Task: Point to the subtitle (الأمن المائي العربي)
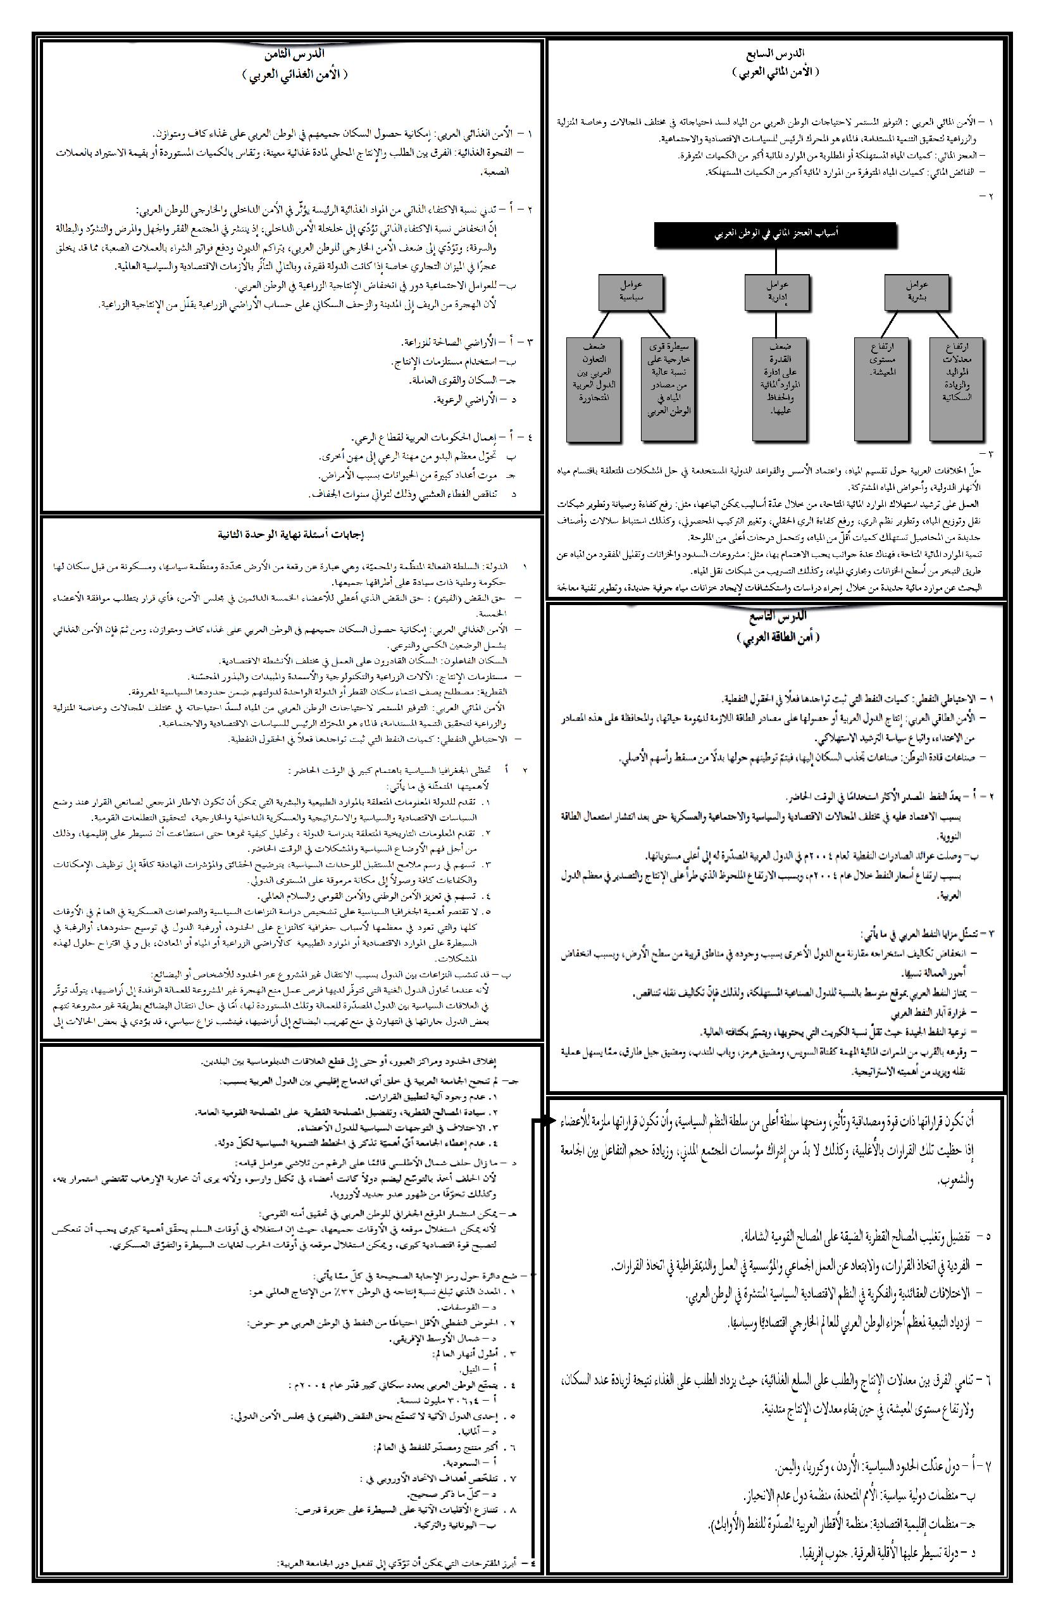[x=776, y=72]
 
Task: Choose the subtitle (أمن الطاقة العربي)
[x=778, y=637]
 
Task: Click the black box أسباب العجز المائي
[x=776, y=234]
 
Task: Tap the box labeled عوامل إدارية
[x=777, y=292]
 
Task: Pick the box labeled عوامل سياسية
[x=630, y=292]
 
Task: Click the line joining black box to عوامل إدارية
[x=777, y=260]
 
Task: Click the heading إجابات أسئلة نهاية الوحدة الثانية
[x=292, y=535]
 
